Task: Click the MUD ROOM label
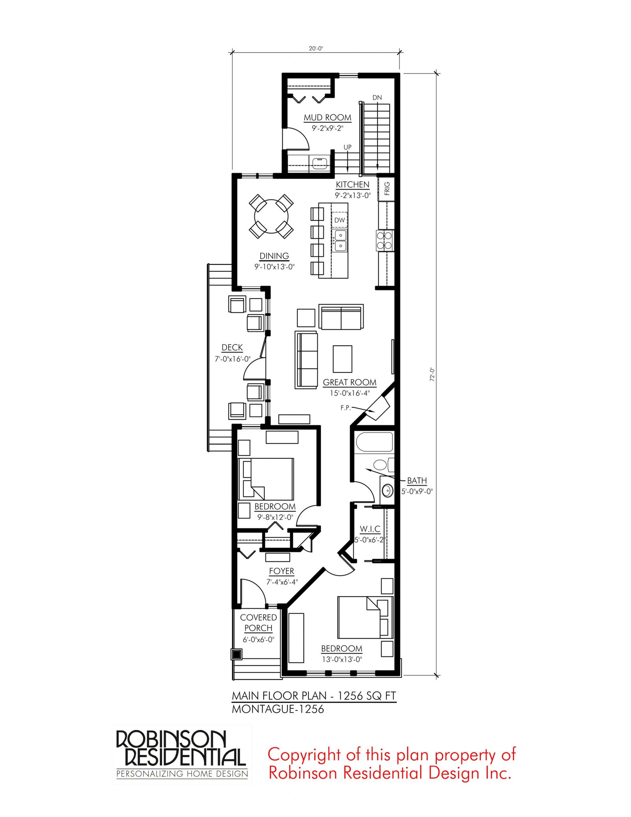coord(327,118)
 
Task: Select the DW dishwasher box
coord(340,220)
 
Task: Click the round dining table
coord(271,216)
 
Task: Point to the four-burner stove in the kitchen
coord(385,240)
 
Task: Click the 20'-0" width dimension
coord(315,49)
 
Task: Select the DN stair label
coord(377,97)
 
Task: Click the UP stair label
coord(347,147)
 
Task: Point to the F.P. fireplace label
coord(345,408)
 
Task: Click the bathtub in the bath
coord(374,442)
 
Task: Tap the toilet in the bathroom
coord(383,464)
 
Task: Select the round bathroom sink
coord(387,491)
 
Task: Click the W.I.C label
coord(370,529)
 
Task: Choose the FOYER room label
coord(282,571)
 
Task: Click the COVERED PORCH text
coord(258,623)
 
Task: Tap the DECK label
coord(232,348)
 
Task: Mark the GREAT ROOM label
coord(349,382)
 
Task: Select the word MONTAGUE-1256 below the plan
coord(278,709)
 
